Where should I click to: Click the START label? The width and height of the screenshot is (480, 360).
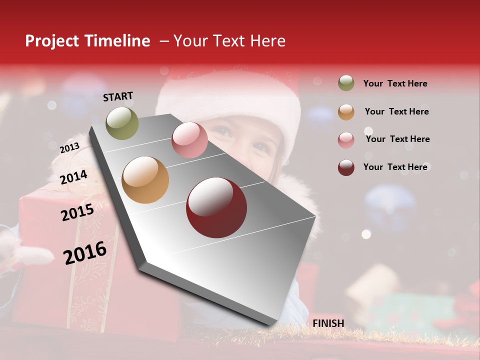118,96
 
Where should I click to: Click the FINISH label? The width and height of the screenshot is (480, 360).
328,323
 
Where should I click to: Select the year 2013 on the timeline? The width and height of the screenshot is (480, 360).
69,147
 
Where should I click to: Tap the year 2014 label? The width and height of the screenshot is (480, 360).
74,177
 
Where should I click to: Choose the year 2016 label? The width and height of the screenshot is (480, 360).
85,253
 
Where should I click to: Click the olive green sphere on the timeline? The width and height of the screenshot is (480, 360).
122,123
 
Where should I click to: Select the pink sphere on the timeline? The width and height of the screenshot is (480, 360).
189,140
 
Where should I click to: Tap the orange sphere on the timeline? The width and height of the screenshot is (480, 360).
145,180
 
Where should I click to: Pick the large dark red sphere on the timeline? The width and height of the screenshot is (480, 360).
216,207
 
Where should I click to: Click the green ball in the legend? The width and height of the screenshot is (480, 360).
346,83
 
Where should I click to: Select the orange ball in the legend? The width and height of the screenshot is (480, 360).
346,112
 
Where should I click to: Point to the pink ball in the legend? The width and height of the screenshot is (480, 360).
346,140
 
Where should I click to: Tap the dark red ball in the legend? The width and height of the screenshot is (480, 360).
346,167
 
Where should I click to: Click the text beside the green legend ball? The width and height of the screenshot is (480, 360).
395,83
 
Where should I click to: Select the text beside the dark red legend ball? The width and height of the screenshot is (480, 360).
395,167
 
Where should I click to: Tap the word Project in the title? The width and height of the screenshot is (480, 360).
52,41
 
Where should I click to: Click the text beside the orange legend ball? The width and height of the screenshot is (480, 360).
396,111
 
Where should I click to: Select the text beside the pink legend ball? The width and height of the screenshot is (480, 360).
397,139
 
